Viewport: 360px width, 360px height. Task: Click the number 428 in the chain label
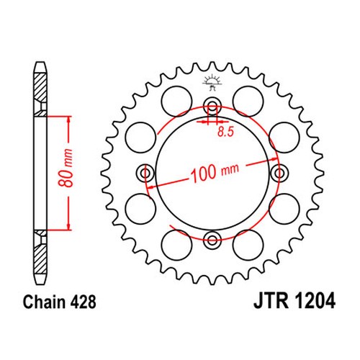click(84, 302)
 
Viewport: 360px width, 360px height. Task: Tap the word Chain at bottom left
click(45, 302)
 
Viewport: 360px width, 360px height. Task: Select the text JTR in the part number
click(271, 301)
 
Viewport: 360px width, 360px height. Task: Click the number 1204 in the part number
click(315, 301)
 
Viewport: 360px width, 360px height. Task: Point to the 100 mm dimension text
click(214, 172)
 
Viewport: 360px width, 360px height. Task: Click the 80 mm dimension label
click(66, 168)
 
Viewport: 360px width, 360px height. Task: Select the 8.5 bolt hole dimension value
click(225, 132)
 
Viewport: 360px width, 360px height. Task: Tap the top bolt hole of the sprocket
click(212, 106)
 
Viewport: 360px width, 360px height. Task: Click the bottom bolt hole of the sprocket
click(212, 240)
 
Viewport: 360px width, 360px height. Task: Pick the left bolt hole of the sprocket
click(145, 173)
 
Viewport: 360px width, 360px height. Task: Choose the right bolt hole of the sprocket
click(279, 173)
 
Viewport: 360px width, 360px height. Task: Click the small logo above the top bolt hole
click(212, 82)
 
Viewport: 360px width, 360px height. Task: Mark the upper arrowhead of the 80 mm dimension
click(69, 120)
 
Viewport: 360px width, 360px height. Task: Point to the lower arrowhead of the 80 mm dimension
click(69, 226)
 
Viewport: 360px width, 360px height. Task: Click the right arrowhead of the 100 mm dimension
click(274, 159)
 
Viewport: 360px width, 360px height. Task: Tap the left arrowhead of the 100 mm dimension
click(150, 186)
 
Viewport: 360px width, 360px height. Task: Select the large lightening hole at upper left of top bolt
click(176, 102)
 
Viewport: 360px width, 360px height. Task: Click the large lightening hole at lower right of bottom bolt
click(248, 245)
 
